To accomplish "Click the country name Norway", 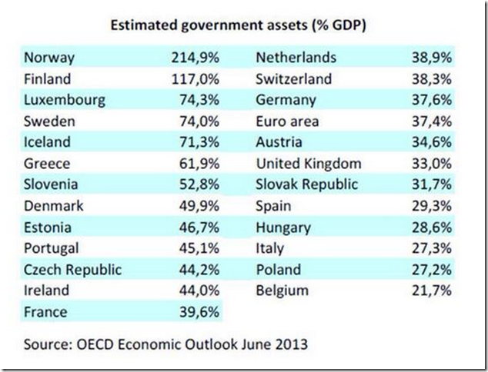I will (50, 58).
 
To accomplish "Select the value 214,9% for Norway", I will (192, 58).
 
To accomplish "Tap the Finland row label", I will (48, 79).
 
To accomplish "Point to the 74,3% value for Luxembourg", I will (197, 100).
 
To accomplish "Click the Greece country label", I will (48, 164).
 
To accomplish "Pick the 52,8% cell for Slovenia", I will (197, 184).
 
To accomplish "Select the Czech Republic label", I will (73, 270).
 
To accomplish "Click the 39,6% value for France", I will (197, 312).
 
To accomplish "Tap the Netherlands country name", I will (296, 58).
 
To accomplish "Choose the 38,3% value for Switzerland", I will (433, 79).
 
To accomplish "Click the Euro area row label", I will (286, 121).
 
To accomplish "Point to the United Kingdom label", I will (307, 164).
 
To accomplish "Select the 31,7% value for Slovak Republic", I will (433, 184).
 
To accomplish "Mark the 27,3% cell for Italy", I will (433, 248).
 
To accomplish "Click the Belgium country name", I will (282, 291).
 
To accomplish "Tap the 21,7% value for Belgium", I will (433, 291).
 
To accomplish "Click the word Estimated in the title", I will (143, 25).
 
